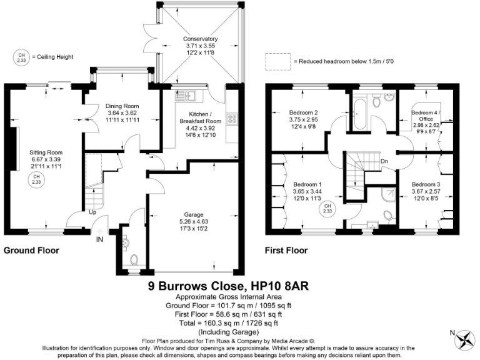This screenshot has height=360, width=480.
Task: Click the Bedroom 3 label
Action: point(426,185)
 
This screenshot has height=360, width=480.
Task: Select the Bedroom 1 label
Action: point(307,185)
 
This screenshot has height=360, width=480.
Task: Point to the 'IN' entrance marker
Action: point(99,239)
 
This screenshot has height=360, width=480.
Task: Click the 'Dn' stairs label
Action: point(384,161)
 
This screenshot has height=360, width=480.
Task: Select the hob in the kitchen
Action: point(232,117)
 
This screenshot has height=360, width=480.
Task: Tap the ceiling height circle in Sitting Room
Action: point(36,179)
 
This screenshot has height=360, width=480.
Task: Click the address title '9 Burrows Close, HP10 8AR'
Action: point(228,286)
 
